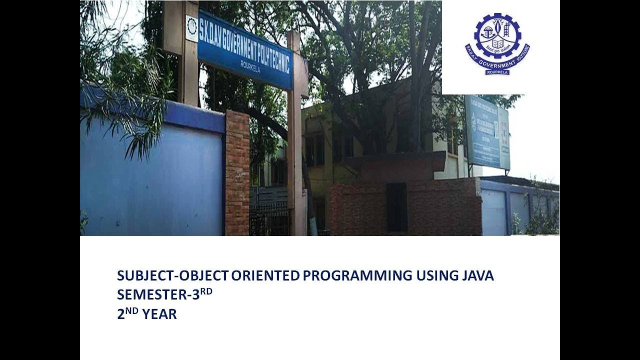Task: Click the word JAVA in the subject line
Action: [477, 275]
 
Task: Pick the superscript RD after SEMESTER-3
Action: [206, 291]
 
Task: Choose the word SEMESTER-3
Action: [158, 295]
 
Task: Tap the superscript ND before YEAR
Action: [132, 310]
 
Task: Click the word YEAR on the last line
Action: [159, 314]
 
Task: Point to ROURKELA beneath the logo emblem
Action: [497, 72]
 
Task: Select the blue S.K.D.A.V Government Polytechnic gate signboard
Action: [245, 49]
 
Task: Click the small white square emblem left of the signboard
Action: [191, 28]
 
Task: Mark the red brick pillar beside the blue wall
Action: [237, 172]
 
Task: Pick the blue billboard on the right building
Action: [487, 132]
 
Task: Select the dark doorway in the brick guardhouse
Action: [396, 206]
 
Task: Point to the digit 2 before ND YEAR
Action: [120, 314]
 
